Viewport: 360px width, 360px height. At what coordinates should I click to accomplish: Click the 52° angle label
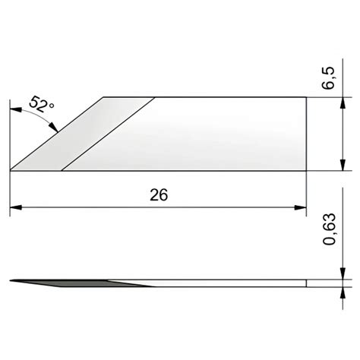[41, 104]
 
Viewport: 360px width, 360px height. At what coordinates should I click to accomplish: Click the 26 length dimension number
[159, 195]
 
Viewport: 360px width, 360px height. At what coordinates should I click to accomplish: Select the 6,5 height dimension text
[328, 78]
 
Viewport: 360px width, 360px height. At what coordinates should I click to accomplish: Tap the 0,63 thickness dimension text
[329, 229]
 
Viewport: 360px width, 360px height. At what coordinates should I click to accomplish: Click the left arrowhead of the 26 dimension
[16, 207]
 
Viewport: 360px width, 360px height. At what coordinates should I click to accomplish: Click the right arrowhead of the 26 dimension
[301, 207]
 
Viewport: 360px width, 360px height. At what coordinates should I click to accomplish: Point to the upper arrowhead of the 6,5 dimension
[343, 103]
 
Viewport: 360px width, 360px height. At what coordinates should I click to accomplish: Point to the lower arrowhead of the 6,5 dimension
[343, 165]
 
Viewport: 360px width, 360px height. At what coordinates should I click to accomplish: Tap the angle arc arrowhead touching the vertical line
[16, 109]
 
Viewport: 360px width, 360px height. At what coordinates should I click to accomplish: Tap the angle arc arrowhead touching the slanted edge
[53, 127]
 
